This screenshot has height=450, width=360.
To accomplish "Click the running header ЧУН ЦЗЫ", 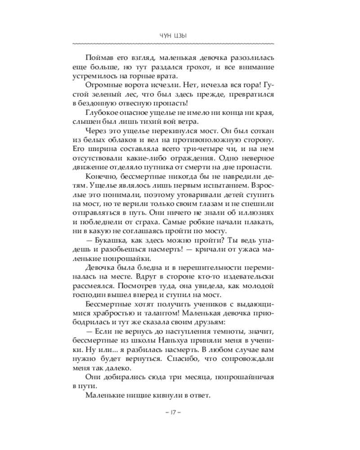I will (173, 36).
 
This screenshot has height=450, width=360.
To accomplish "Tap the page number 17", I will (173, 412).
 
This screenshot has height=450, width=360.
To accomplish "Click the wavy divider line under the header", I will (173, 44).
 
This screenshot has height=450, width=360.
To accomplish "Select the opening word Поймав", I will (98, 58).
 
